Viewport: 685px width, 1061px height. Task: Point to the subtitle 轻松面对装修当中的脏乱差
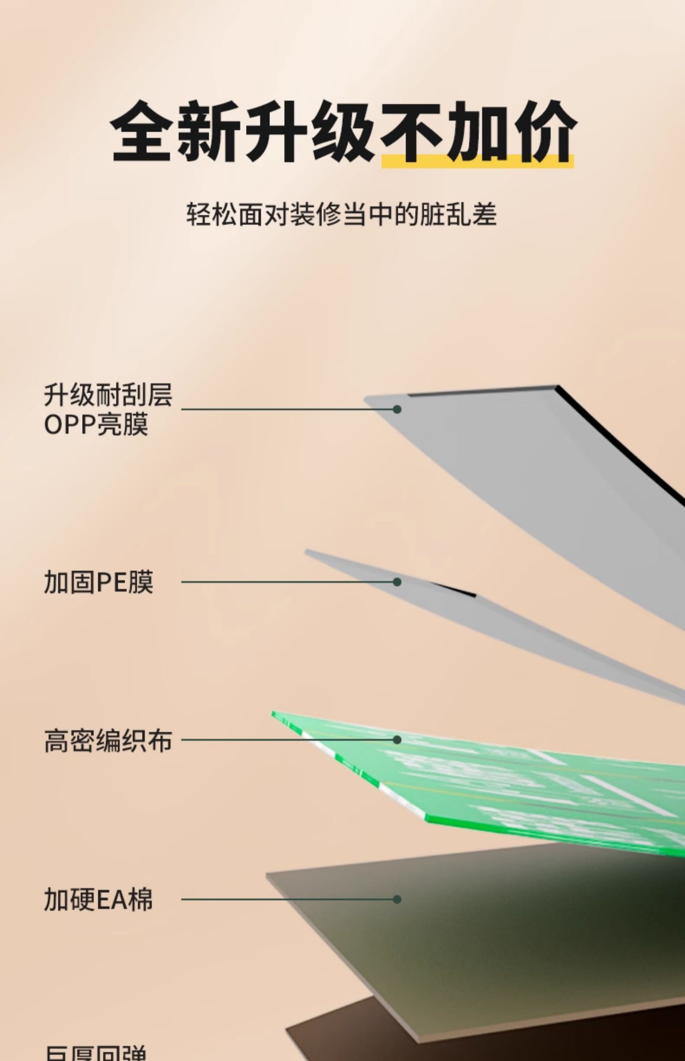pyautogui.click(x=341, y=214)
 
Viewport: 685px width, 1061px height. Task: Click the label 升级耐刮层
pyautogui.click(x=108, y=395)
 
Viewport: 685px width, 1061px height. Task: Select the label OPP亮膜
pyautogui.click(x=96, y=424)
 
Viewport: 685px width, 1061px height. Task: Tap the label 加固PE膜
pyautogui.click(x=98, y=582)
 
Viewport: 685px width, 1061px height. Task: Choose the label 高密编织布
pyautogui.click(x=108, y=741)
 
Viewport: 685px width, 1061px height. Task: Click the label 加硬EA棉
pyautogui.click(x=98, y=900)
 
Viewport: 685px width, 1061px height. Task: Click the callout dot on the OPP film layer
pyautogui.click(x=397, y=409)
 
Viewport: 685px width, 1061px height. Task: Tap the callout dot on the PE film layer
pyautogui.click(x=397, y=582)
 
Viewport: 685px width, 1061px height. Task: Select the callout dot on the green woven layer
pyautogui.click(x=397, y=740)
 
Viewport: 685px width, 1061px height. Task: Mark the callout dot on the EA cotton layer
pyautogui.click(x=397, y=899)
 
